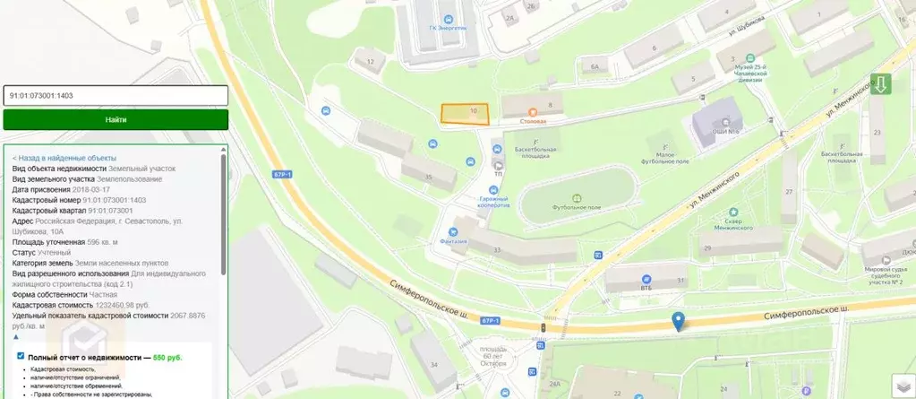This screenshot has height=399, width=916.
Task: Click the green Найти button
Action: pyautogui.click(x=116, y=119)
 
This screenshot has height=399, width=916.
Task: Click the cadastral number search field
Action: pyautogui.click(x=116, y=95)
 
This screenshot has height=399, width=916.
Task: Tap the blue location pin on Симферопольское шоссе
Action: pyautogui.click(x=679, y=321)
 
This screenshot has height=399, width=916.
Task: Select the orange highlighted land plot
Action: pyautogui.click(x=466, y=113)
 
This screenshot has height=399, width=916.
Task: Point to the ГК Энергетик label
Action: pyautogui.click(x=449, y=28)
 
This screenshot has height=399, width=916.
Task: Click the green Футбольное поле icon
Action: pyautogui.click(x=577, y=198)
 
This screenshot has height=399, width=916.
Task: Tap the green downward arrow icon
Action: pyautogui.click(x=881, y=85)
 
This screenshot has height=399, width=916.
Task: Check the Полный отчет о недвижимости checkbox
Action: pyautogui.click(x=21, y=356)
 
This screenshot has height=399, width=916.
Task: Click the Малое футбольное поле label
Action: pyautogui.click(x=663, y=158)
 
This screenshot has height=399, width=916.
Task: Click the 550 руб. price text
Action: pyautogui.click(x=167, y=357)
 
